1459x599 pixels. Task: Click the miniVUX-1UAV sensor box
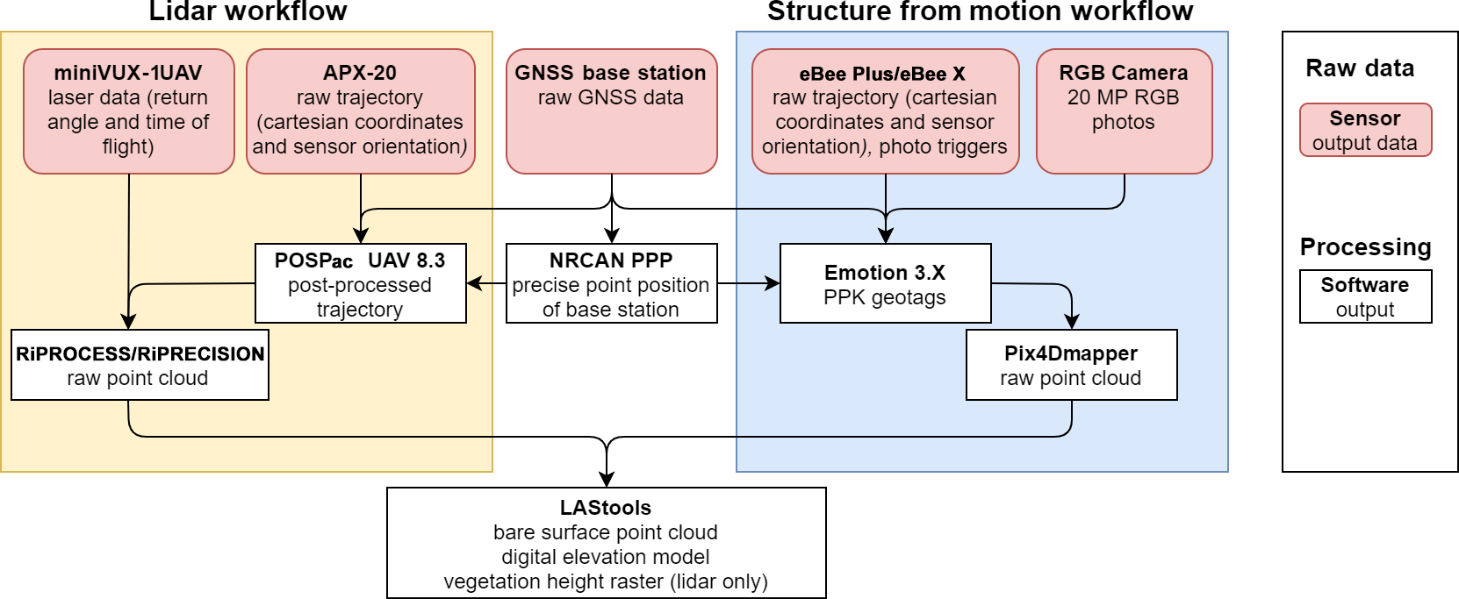[129, 111]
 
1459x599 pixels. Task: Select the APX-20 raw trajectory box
[361, 111]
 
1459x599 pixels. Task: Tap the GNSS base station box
[612, 111]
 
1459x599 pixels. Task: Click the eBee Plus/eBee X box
[886, 111]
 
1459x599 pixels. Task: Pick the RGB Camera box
[1125, 111]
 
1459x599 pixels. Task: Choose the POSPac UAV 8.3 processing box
[361, 283]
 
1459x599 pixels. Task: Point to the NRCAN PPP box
[612, 283]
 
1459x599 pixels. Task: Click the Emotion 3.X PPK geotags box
[886, 283]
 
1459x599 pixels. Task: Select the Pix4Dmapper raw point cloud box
[1072, 365]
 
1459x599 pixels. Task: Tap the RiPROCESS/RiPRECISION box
[140, 365]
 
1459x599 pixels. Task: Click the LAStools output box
[607, 543]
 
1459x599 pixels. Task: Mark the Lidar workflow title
[248, 11]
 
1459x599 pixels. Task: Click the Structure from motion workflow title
[980, 11]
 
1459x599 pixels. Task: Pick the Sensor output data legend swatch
[1366, 130]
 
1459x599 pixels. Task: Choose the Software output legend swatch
[1366, 296]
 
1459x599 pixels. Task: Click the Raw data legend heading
[1360, 68]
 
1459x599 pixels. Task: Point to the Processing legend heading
[1365, 247]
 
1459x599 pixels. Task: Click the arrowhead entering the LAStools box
[607, 479]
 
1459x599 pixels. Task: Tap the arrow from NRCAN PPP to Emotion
[749, 283]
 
